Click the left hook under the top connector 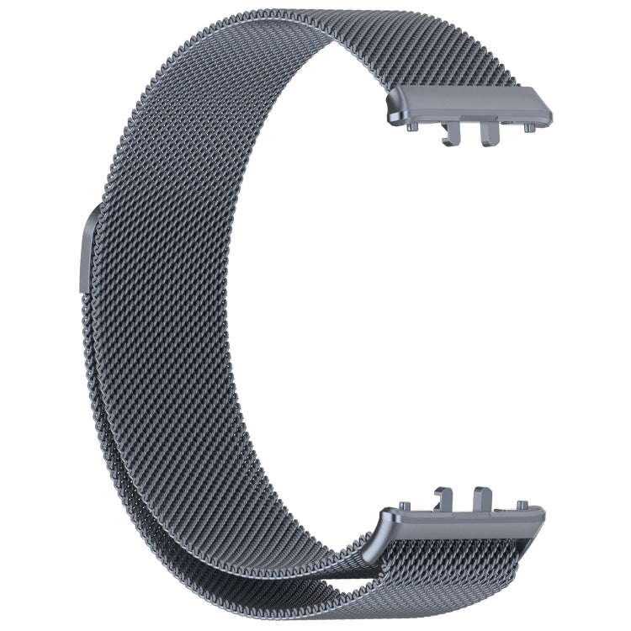[x=451, y=134]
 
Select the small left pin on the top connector [x=413, y=126]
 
